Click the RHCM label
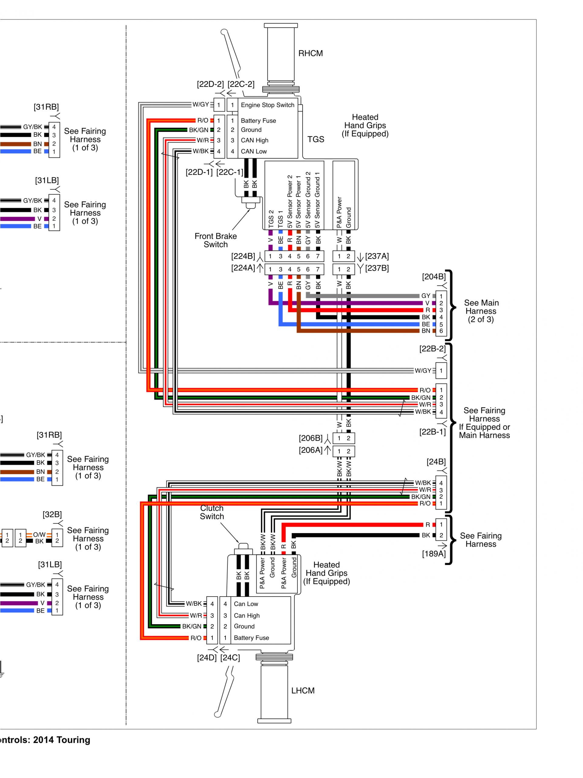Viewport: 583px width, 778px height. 310,53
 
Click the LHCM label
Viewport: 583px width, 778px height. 303,691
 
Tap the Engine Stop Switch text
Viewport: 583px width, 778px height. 267,105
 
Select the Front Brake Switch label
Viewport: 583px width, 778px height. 215,240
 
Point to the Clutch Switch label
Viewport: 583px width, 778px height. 212,512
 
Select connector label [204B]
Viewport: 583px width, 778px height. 434,277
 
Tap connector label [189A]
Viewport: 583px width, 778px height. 434,554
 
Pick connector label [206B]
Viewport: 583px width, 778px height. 310,438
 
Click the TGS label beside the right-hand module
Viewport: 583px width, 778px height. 316,139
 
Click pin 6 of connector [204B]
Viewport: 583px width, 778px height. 441,331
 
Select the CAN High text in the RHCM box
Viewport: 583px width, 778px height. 254,140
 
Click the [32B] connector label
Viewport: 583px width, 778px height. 52,515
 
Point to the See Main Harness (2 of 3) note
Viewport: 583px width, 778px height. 481,311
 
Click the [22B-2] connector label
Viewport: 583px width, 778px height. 432,349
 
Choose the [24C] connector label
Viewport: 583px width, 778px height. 230,658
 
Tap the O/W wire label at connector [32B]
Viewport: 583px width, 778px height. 39,535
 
